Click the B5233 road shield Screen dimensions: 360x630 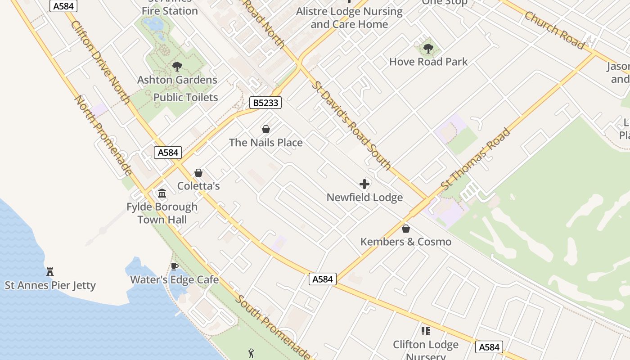point(265,103)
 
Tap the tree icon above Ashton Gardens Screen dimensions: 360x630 point(177,67)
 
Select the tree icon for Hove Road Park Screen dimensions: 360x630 point(428,48)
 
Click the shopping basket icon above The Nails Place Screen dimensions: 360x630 point(266,129)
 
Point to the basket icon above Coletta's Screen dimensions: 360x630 point(198,173)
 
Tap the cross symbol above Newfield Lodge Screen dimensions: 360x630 point(364,184)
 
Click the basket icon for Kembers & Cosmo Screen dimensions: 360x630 point(406,229)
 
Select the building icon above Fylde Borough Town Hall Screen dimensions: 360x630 point(162,193)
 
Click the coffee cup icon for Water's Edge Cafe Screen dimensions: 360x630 point(175,267)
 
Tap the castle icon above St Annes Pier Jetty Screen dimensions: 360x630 point(50,272)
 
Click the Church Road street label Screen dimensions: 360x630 point(554,30)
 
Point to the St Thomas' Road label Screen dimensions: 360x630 point(476,159)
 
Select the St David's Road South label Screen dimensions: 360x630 point(352,126)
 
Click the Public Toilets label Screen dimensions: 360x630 point(185,97)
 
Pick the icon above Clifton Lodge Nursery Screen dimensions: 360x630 point(425,331)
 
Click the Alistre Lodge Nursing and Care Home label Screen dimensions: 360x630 point(349,18)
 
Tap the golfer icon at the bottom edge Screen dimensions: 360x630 point(251,354)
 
